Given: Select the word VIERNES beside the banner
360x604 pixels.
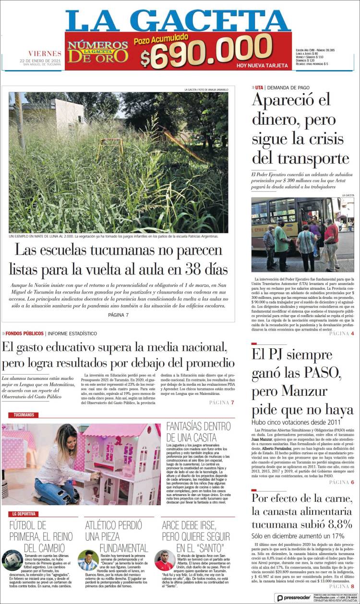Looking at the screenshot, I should [45, 53].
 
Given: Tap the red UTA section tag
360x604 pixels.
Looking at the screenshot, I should [259, 87].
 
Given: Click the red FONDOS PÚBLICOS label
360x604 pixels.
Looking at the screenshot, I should [24, 333].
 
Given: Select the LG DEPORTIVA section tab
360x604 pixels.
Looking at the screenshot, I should [24, 514].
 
